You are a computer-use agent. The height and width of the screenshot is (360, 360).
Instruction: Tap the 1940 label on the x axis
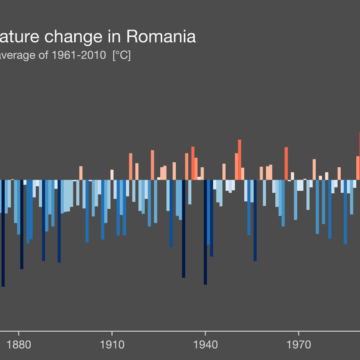[205, 338]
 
